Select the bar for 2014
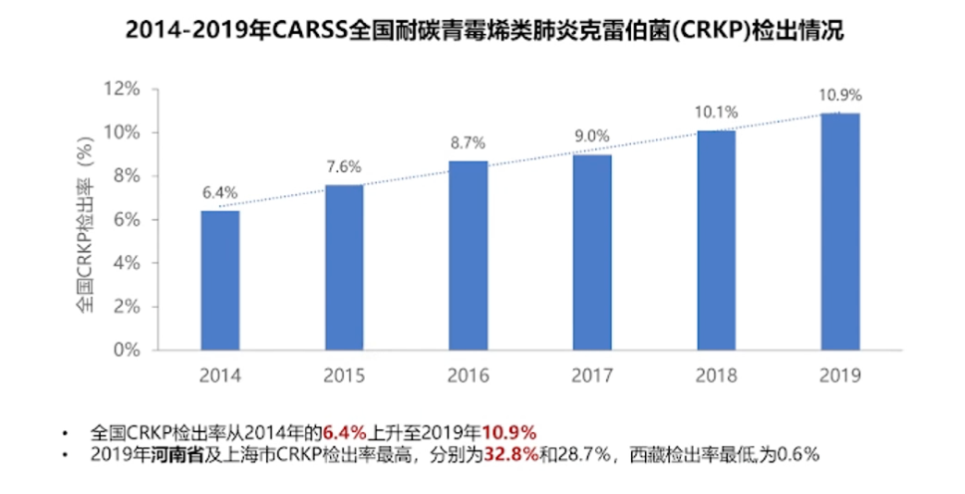[x=219, y=280]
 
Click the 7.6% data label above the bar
[x=344, y=166]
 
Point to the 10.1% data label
[x=717, y=113]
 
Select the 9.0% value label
[x=592, y=136]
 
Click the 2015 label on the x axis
[x=344, y=375]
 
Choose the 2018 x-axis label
[x=717, y=375]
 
